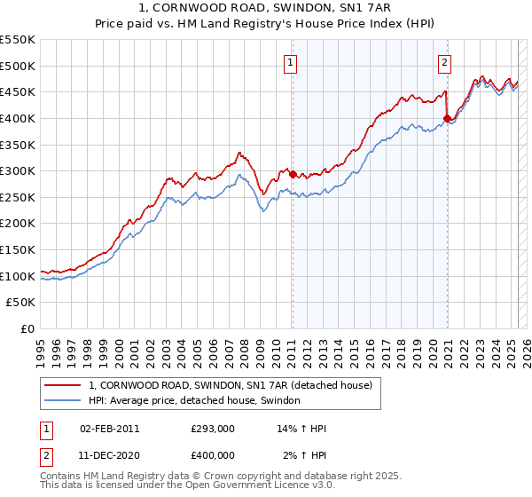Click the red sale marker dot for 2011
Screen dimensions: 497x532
coord(293,174)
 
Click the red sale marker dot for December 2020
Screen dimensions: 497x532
coord(447,118)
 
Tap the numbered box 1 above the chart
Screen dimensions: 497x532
coord(291,62)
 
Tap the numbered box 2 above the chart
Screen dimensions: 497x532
coord(444,62)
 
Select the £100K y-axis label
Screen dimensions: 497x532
coord(18,276)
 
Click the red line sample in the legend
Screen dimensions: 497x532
coord(62,385)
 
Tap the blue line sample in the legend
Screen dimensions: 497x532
coord(62,400)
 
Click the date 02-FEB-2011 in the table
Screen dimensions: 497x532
coord(109,429)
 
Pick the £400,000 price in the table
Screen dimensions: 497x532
coord(213,455)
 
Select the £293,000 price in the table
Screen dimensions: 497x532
coord(213,429)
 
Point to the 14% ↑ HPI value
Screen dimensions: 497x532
coord(302,429)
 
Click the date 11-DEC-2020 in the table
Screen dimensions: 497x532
coord(109,455)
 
